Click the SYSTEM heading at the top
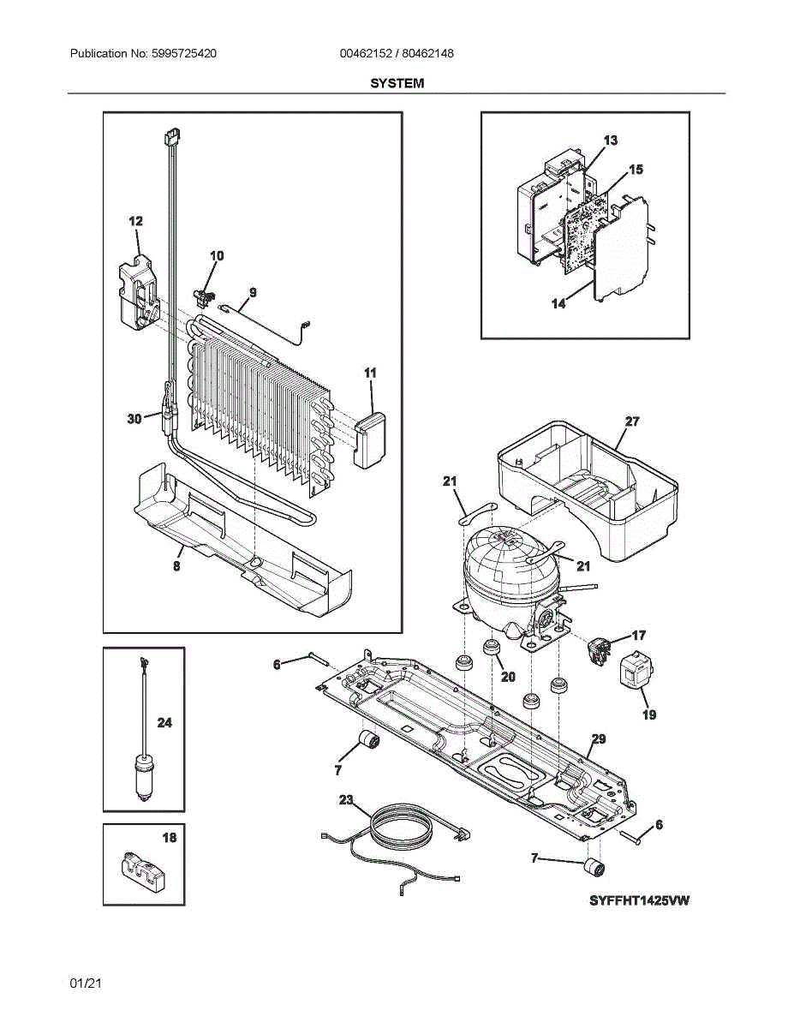[x=397, y=83]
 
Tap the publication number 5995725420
[x=183, y=54]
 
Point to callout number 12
[x=135, y=222]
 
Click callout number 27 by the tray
[x=632, y=421]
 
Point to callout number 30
[x=134, y=419]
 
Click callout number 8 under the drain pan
[x=176, y=566]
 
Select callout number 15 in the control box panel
[x=636, y=170]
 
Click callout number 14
[x=558, y=303]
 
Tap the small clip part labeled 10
[x=206, y=296]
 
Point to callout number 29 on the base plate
[x=598, y=738]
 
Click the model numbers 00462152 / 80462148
[x=397, y=54]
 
